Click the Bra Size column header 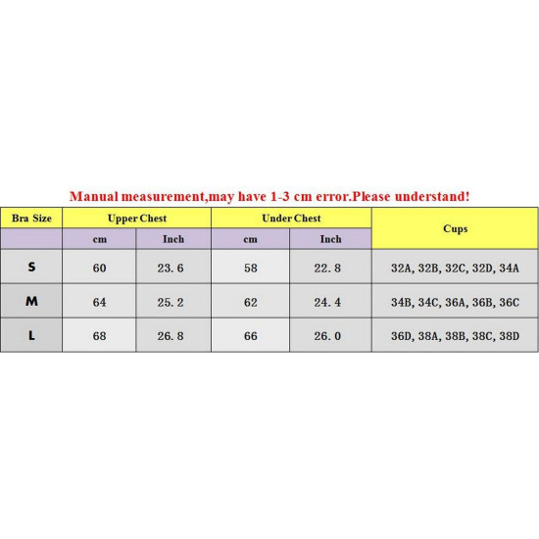pyautogui.click(x=31, y=219)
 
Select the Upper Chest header pyautogui.click(x=136, y=219)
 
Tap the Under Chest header pyautogui.click(x=291, y=219)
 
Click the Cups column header pyautogui.click(x=455, y=228)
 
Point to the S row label pyautogui.click(x=31, y=268)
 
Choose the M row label pyautogui.click(x=31, y=302)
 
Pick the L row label pyautogui.click(x=31, y=335)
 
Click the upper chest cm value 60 pyautogui.click(x=99, y=268)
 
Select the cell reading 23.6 pyautogui.click(x=172, y=268)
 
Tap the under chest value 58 pyautogui.click(x=251, y=268)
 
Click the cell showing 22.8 pyautogui.click(x=329, y=268)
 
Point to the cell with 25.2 pyautogui.click(x=172, y=302)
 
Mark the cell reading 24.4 pyautogui.click(x=329, y=302)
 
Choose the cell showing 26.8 pyautogui.click(x=172, y=335)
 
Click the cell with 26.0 pyautogui.click(x=329, y=335)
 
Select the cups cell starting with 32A pyautogui.click(x=455, y=268)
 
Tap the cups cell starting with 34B pyautogui.click(x=455, y=302)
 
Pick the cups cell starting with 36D pyautogui.click(x=455, y=335)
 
